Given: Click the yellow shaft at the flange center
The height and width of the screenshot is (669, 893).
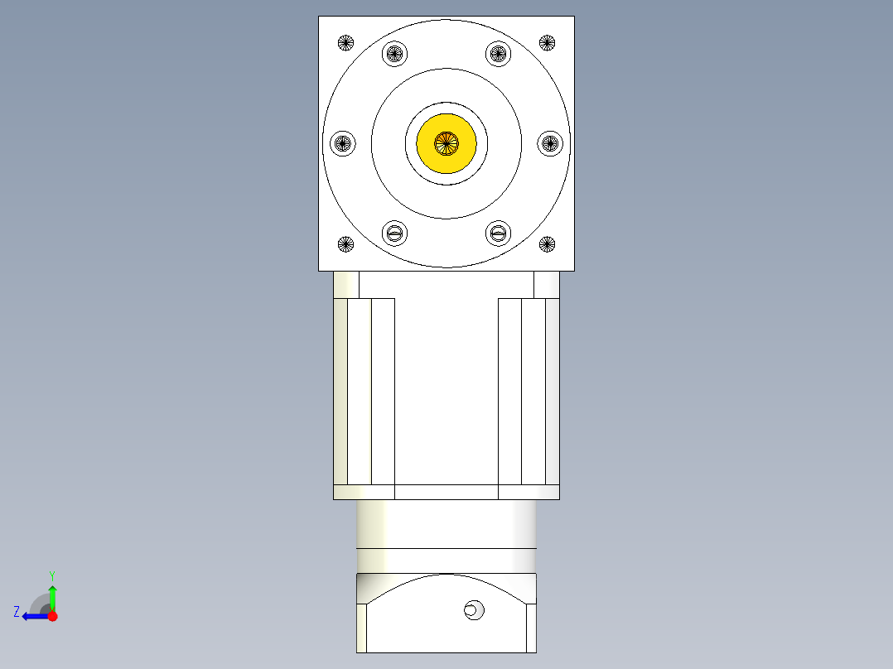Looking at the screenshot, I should [x=446, y=143].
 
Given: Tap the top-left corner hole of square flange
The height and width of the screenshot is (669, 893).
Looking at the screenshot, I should [x=345, y=42].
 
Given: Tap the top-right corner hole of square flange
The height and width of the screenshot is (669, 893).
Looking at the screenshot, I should [x=547, y=42].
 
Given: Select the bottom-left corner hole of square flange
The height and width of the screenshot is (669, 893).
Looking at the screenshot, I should [x=345, y=243].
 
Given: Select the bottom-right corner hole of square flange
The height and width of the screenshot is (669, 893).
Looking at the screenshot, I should [x=547, y=243].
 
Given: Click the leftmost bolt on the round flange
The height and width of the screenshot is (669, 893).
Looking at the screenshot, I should [x=342, y=143].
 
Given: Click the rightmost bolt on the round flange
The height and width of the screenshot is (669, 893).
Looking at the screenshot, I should [x=551, y=143].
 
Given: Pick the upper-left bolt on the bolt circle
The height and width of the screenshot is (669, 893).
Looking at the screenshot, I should [x=395, y=54].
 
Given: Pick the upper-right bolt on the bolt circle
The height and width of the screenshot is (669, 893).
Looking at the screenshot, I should [x=498, y=54].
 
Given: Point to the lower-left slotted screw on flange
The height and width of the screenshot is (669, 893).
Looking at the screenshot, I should [x=395, y=233].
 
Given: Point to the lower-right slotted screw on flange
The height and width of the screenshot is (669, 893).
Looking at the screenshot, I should [x=498, y=233].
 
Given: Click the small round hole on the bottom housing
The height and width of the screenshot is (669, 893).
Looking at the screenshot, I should [x=474, y=611].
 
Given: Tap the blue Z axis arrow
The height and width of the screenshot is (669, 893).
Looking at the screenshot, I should [x=33, y=616].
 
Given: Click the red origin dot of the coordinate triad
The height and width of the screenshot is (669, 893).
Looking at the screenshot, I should [x=52, y=616].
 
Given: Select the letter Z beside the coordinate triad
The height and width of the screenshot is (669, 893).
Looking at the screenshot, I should [x=17, y=612].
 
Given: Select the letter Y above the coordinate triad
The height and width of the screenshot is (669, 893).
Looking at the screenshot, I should [x=51, y=575].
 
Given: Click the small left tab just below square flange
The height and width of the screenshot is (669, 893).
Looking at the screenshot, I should [x=346, y=285].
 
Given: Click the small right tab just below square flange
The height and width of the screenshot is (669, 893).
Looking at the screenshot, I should [x=547, y=285].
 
